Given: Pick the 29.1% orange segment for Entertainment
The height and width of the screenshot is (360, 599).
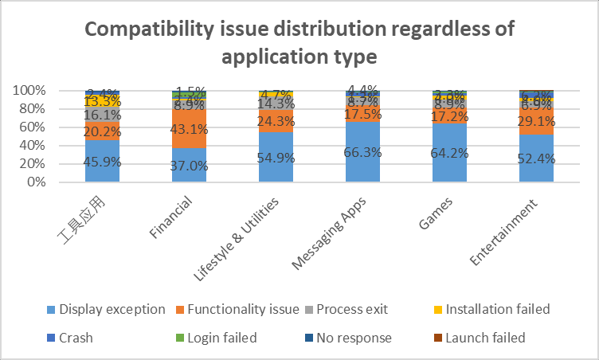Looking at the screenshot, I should tap(537, 121).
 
